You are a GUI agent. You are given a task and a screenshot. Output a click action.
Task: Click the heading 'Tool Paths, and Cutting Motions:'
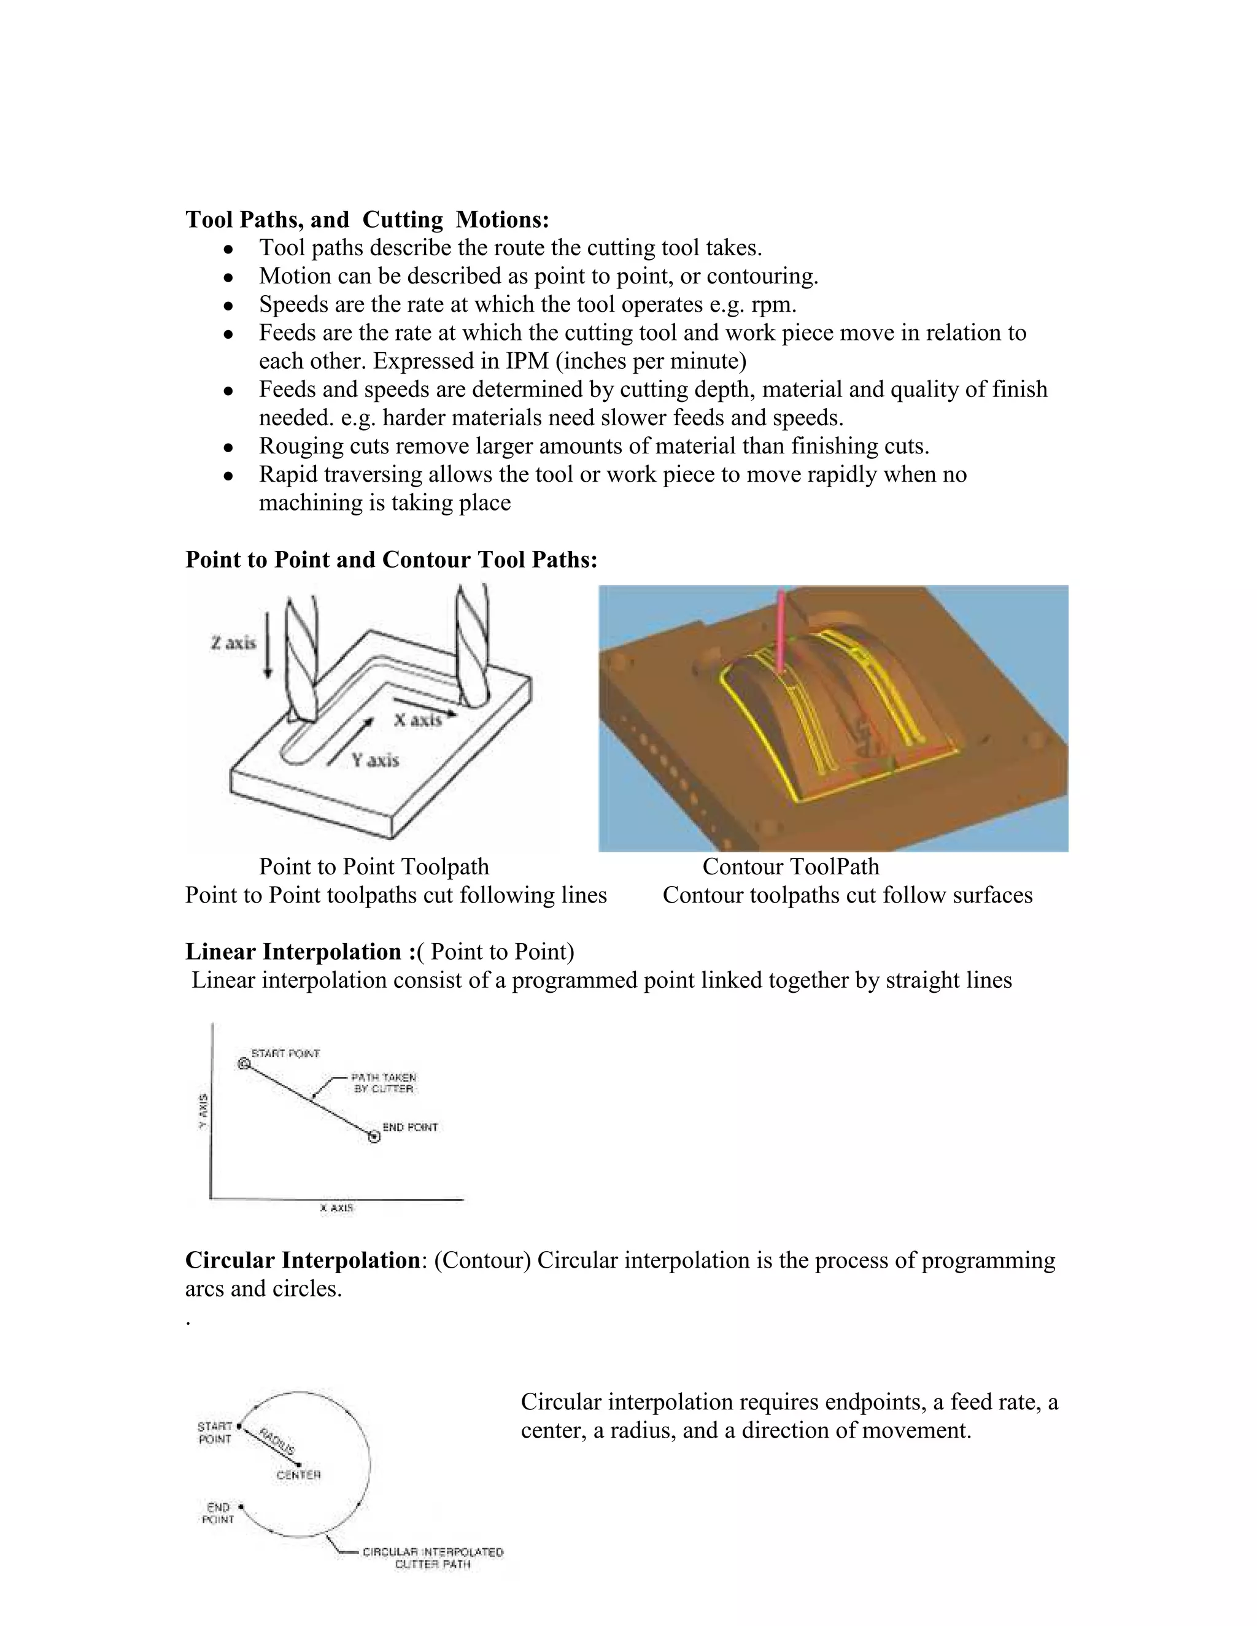click(x=367, y=220)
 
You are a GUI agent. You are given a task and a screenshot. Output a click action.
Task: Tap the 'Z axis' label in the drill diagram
click(x=233, y=642)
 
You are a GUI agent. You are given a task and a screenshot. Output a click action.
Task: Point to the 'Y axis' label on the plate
click(x=375, y=760)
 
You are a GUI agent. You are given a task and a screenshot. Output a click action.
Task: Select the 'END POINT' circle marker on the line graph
click(x=374, y=1136)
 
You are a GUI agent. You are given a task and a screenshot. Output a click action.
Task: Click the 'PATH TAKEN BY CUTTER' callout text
click(x=384, y=1082)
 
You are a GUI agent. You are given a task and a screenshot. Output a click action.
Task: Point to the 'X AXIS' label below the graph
click(x=336, y=1208)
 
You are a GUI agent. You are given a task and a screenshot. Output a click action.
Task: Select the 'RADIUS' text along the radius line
click(x=277, y=1441)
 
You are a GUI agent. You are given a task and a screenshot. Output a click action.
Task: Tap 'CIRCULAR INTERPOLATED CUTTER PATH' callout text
click(x=433, y=1559)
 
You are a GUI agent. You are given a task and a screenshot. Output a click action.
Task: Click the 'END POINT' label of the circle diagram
click(x=218, y=1513)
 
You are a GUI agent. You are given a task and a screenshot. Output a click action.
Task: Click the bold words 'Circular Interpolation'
click(x=303, y=1260)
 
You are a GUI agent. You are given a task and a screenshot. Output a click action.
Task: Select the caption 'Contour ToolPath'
click(x=790, y=866)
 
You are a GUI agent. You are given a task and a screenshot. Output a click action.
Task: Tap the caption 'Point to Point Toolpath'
click(x=374, y=866)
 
